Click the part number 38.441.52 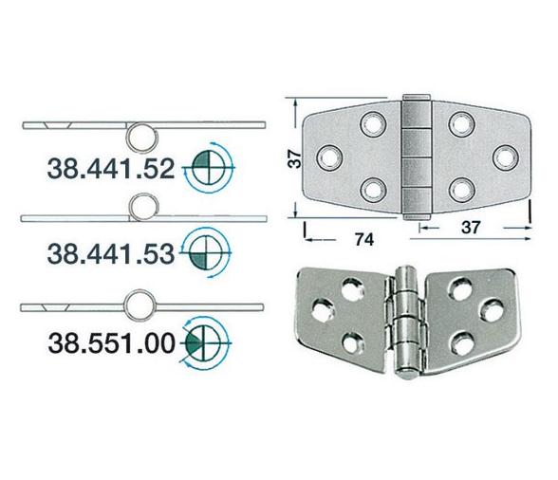(x=110, y=171)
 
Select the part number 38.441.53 (x=110, y=252)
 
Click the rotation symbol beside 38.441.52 (x=202, y=169)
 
